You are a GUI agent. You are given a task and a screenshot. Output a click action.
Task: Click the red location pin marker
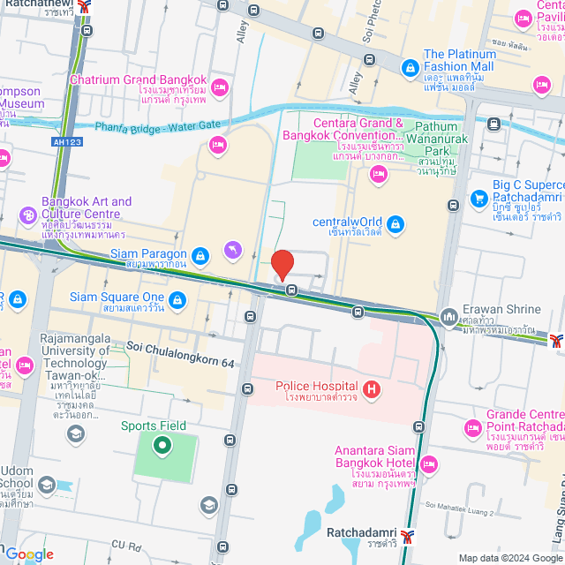click(x=282, y=265)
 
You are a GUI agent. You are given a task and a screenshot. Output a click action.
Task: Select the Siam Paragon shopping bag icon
click(x=201, y=255)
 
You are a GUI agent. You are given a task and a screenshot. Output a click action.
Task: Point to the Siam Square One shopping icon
click(x=178, y=300)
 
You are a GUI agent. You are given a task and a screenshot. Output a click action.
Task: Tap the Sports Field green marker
click(x=162, y=444)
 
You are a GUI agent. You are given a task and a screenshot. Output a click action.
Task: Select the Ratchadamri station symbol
click(x=406, y=535)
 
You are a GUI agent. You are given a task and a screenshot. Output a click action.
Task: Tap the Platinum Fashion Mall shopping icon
click(x=410, y=67)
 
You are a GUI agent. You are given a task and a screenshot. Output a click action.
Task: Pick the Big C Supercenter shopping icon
click(x=479, y=198)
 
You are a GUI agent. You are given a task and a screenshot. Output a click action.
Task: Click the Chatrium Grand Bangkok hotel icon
click(x=220, y=87)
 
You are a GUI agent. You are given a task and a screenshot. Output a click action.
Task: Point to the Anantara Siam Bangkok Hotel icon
click(x=429, y=463)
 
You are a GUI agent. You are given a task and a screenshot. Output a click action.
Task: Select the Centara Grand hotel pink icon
click(x=379, y=174)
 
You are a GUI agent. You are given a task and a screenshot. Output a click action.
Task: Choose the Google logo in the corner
click(x=28, y=554)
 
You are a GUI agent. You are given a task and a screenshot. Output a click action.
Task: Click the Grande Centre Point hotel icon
click(x=471, y=428)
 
